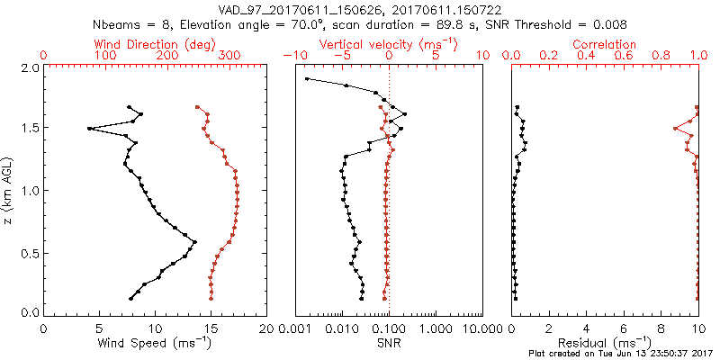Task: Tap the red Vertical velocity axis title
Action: point(388,44)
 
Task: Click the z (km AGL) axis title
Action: point(8,190)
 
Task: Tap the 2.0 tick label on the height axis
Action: point(30,67)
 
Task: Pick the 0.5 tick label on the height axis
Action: point(30,252)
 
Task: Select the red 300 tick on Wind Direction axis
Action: point(230,56)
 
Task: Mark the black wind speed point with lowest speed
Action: point(89,129)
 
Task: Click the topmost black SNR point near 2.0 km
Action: point(307,79)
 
